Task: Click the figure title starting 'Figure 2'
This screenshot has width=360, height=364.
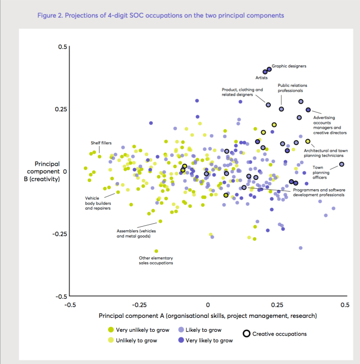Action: (160, 15)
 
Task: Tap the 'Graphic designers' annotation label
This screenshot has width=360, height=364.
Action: (289, 66)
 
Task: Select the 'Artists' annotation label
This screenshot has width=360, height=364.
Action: (262, 77)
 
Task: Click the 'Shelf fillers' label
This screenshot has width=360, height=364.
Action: (101, 143)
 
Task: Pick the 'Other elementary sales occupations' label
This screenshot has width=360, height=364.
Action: (156, 260)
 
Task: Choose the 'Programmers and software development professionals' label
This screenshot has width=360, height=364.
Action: (319, 192)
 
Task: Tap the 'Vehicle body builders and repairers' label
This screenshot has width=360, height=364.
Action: (98, 203)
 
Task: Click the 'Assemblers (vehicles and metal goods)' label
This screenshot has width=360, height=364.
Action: (136, 233)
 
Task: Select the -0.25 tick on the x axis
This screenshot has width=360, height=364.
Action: (139, 304)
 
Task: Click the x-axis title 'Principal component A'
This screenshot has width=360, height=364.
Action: (208, 315)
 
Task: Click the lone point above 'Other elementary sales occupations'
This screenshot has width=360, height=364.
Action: (156, 251)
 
